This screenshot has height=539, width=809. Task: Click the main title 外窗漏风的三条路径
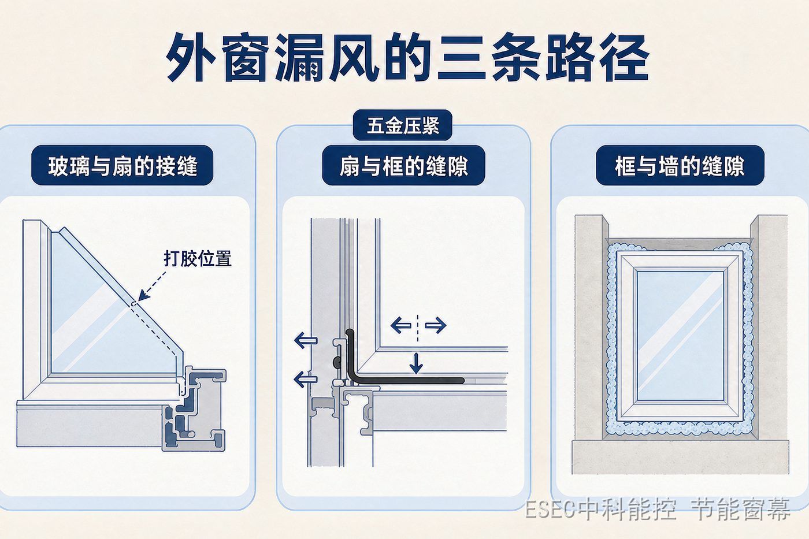coord(407,58)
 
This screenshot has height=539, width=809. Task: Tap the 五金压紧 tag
coord(403,125)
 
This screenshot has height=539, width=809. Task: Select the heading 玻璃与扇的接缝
coord(123,166)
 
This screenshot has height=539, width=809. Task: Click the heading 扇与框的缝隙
coord(403,166)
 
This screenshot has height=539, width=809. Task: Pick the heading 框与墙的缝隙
coord(680,166)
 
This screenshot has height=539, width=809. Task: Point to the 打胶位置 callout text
coord(198,258)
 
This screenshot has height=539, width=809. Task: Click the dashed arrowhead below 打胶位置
coord(143,295)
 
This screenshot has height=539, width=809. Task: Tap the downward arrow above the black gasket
coord(416,363)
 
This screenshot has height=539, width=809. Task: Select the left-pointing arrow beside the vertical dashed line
coord(401,325)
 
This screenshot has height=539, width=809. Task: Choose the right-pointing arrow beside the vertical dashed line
coord(436,325)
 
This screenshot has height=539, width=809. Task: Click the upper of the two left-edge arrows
coord(306,340)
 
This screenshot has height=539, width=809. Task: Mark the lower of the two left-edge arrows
coord(306,380)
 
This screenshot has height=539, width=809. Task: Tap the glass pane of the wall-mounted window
coord(680,336)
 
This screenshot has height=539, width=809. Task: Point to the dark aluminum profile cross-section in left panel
coord(195,410)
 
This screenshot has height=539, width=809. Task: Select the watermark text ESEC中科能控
coord(600,509)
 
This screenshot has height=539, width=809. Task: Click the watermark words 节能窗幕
coord(740,509)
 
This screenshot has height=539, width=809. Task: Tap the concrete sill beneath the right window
coord(680,457)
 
